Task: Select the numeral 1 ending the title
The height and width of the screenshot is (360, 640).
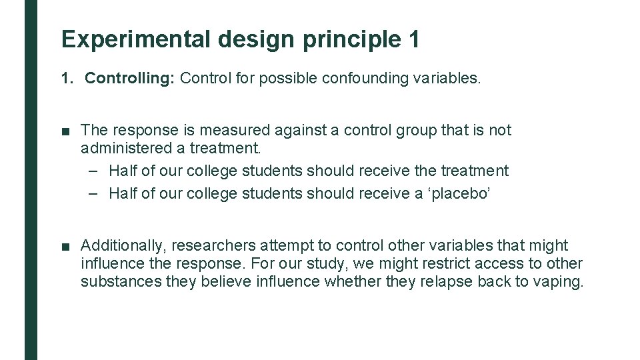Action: click(414, 39)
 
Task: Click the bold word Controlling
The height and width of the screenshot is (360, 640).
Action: click(129, 78)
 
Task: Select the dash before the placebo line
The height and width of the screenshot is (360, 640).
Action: click(93, 193)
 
